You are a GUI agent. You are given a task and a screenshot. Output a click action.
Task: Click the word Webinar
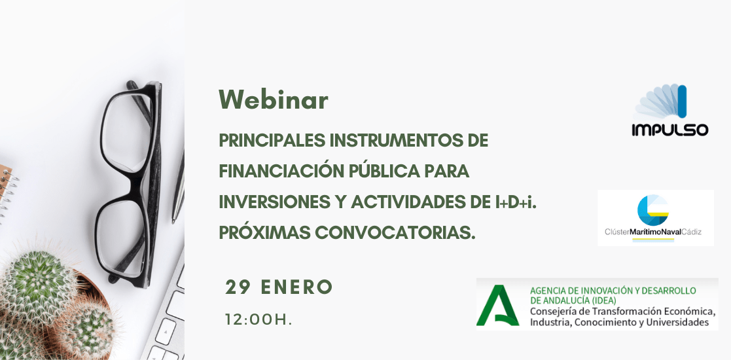tap(273, 99)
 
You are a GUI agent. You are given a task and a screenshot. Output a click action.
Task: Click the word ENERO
tap(296, 287)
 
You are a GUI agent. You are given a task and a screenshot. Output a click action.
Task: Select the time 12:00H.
tap(259, 320)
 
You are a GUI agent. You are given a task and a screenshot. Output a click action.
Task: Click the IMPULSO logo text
tap(670, 130)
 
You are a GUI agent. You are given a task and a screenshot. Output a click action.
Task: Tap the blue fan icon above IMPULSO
tap(661, 101)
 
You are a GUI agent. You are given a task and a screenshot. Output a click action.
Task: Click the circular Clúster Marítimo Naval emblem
tap(653, 211)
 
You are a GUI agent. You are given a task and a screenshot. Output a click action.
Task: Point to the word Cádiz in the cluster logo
tap(691, 231)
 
